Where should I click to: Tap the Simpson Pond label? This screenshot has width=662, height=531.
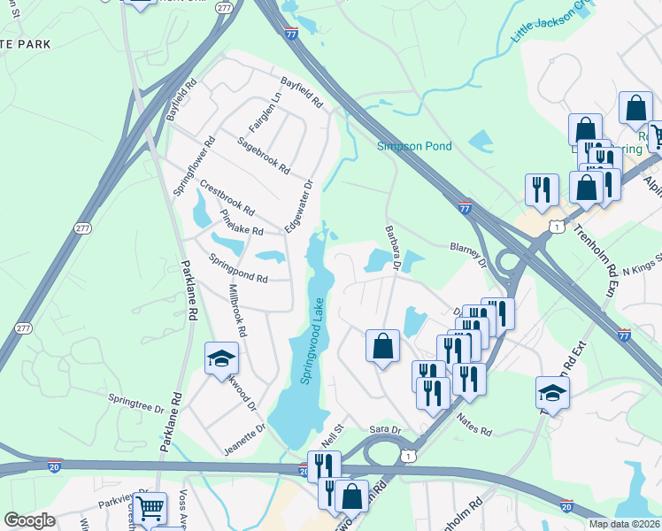coord(415,146)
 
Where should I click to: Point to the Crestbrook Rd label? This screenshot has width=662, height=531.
coord(227,199)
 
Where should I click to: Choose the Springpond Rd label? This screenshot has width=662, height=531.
coord(238,267)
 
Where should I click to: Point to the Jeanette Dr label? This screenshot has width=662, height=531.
coord(244,439)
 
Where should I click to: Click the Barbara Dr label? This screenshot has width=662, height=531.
coord(394,249)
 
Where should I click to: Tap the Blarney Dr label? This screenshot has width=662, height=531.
coord(469,254)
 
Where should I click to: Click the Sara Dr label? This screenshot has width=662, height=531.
coord(385,430)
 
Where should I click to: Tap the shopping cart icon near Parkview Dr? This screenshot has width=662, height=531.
coord(150,509)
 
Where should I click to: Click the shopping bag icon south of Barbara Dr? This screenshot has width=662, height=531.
coord(382,346)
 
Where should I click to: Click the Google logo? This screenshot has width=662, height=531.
coord(29,520)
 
